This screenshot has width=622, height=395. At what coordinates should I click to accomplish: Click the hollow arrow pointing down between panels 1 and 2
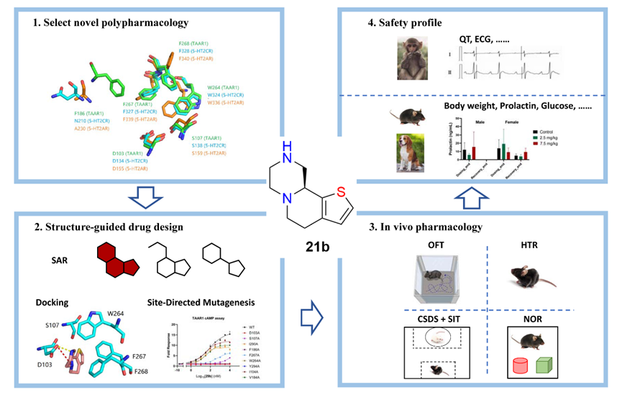coord(147,196)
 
